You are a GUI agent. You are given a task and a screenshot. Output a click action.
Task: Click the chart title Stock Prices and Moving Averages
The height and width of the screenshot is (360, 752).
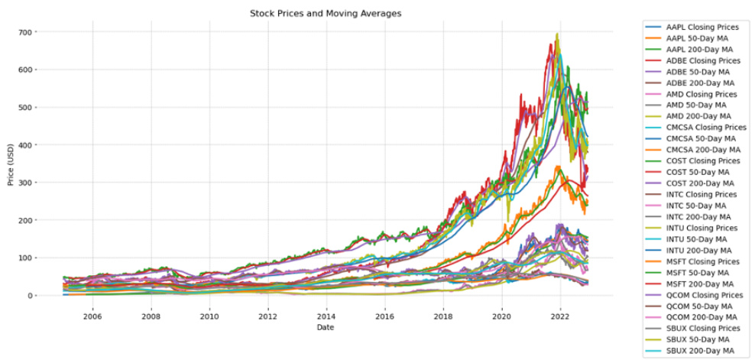tap(326, 14)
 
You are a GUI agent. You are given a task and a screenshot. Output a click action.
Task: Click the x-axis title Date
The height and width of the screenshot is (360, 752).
tap(326, 328)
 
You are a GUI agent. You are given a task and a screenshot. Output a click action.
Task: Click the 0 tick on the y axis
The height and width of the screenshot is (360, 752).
tap(36, 296)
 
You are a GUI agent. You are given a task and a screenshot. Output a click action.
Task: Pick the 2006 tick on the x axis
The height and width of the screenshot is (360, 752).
tap(92, 314)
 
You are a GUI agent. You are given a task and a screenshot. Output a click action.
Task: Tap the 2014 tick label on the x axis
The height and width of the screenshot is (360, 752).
tap(326, 314)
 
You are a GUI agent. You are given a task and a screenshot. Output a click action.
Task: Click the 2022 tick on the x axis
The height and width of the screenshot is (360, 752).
tap(560, 314)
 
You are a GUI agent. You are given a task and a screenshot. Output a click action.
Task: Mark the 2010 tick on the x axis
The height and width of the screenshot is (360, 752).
tap(209, 314)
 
